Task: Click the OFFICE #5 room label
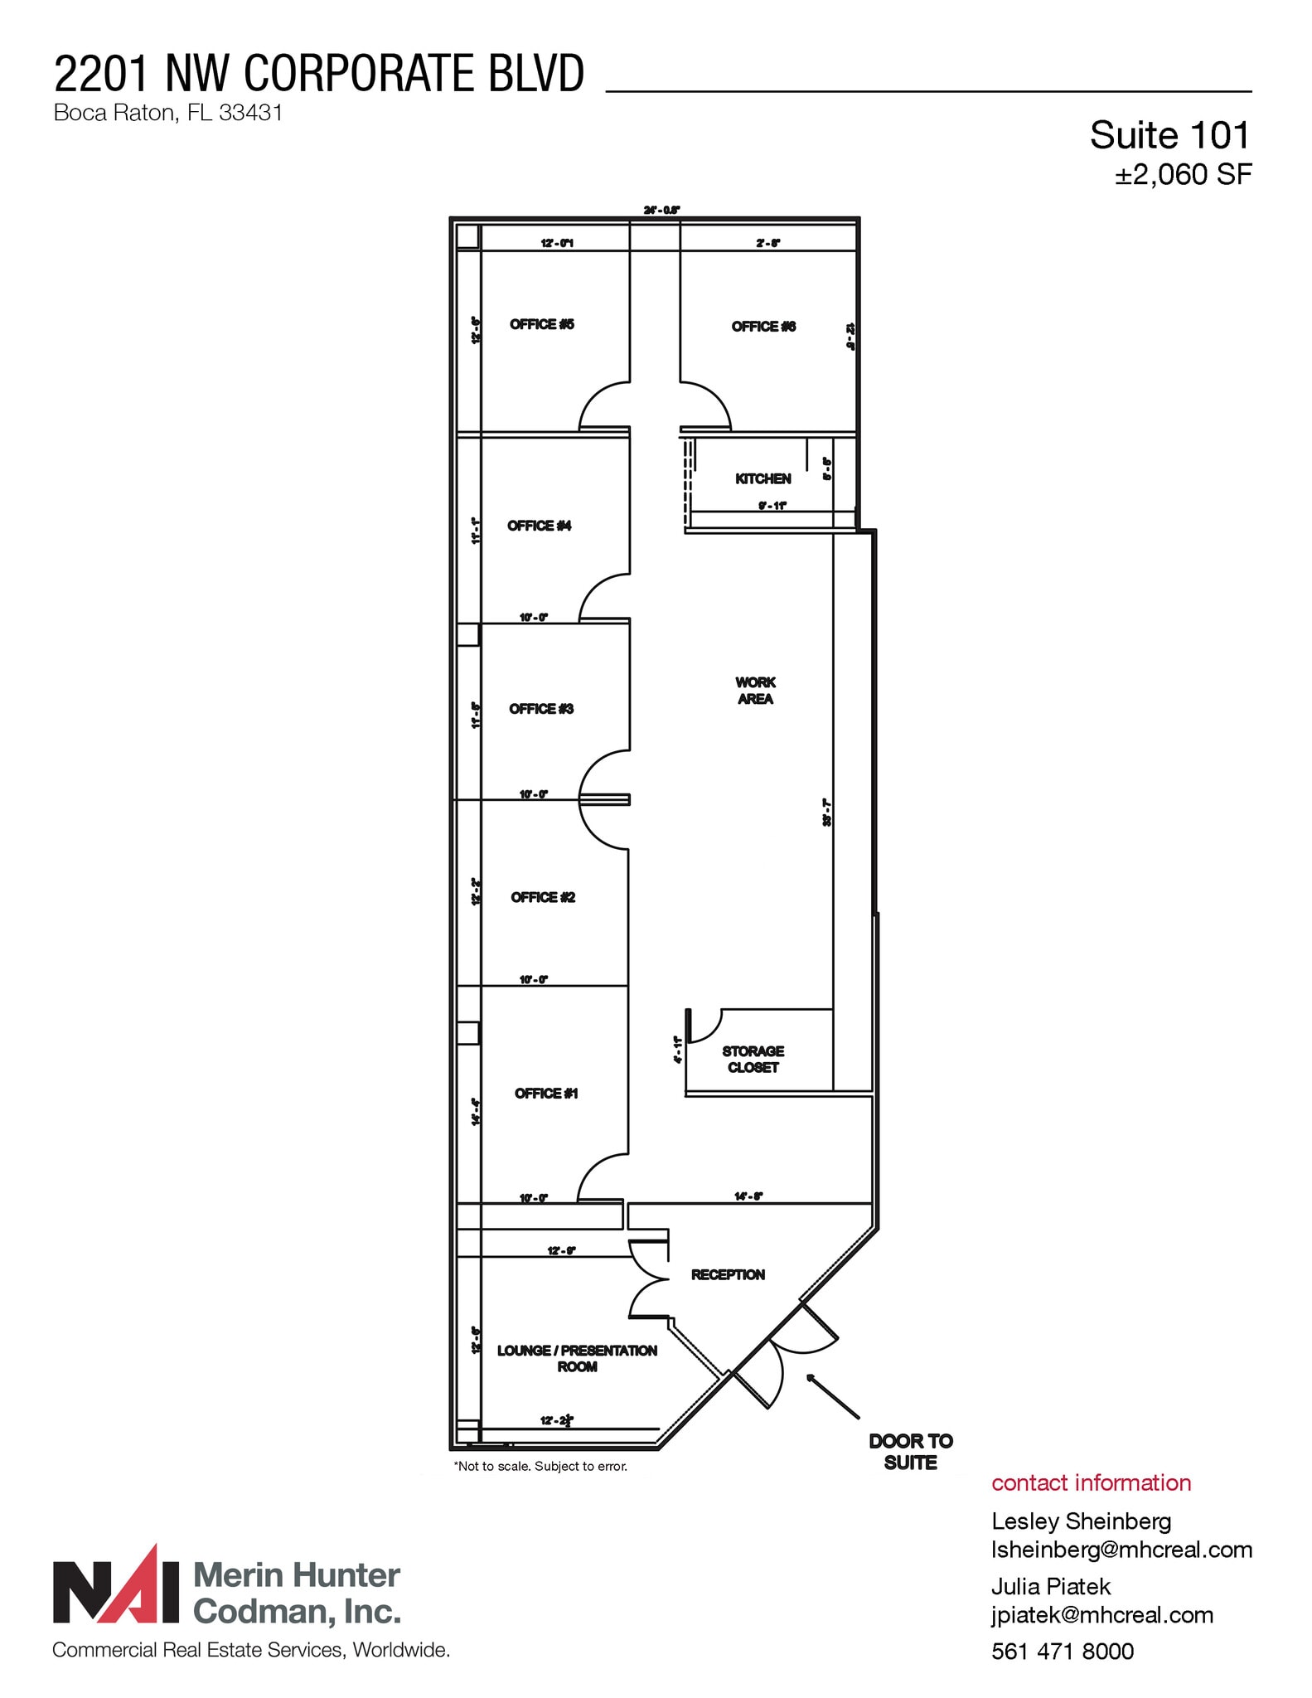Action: point(541,324)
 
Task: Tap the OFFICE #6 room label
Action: point(763,327)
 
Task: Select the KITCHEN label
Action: point(763,478)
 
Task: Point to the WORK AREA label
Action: point(755,691)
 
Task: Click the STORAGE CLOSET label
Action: point(753,1059)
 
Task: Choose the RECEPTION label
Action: point(728,1274)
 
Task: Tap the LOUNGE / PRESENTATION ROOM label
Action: point(577,1358)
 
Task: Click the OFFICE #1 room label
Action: point(546,1094)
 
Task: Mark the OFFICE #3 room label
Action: point(541,709)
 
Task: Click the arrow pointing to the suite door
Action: point(832,1396)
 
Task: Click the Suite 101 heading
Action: point(1169,135)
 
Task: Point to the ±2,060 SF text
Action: point(1183,175)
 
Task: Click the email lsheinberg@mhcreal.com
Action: point(1121,1550)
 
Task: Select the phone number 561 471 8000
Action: point(1062,1652)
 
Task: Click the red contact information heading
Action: point(1091,1482)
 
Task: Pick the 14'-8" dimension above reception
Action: point(748,1196)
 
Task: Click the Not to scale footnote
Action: point(540,1466)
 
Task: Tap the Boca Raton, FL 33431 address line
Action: point(168,114)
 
